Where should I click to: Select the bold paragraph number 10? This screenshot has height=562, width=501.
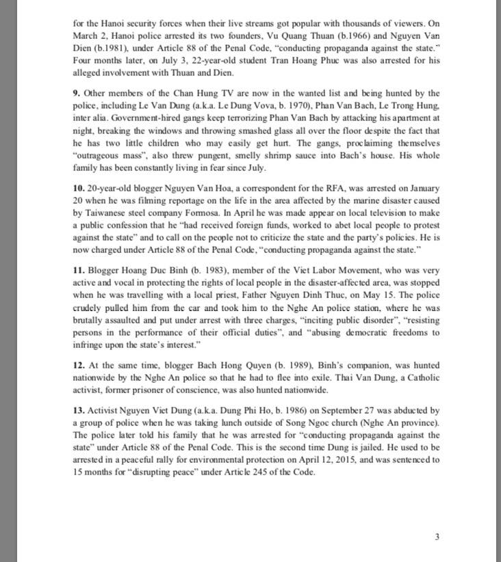pyautogui.click(x=77, y=187)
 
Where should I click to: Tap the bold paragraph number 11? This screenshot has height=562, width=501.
pyautogui.click(x=77, y=271)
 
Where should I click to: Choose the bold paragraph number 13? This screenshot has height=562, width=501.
pyautogui.click(x=77, y=411)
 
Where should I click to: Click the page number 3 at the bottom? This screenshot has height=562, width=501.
pyautogui.click(x=437, y=537)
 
